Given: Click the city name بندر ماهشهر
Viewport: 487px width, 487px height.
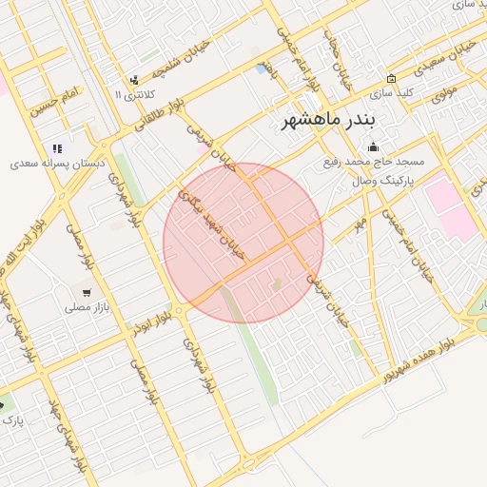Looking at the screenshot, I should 329,122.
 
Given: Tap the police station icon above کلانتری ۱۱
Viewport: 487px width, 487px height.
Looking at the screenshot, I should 134,80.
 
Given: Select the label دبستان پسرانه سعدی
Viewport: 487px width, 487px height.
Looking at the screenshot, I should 57,164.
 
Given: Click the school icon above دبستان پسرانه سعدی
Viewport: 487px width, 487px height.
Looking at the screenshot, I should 58,148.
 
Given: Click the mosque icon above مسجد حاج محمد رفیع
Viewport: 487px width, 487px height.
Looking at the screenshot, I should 372,146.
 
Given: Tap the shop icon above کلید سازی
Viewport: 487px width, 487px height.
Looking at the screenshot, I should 391,78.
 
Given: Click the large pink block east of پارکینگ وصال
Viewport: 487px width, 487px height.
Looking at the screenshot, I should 448,207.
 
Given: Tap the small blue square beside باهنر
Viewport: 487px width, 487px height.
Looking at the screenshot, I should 262,68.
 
